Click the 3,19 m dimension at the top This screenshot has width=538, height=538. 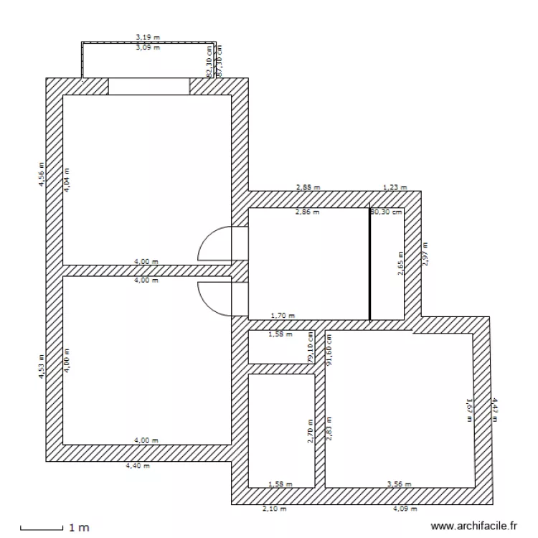148,37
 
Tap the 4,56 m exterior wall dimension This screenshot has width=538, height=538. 42,174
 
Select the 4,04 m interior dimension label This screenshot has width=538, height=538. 67,178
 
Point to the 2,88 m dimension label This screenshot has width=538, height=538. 308,188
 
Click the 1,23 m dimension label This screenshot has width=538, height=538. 395,188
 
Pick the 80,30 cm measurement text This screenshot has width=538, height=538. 386,212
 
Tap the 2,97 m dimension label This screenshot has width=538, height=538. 425,254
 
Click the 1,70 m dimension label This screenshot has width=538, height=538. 281,315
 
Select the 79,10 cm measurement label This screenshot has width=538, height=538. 311,347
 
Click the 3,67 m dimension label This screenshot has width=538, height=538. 469,410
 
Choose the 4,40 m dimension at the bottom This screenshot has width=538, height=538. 138,466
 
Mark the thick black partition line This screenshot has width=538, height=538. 369,265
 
